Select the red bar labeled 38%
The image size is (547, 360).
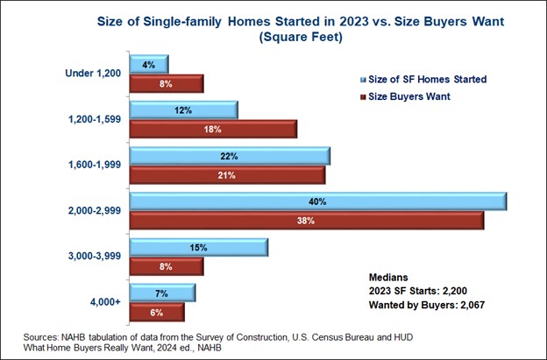click(x=306, y=221)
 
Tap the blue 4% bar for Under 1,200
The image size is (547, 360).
click(x=148, y=64)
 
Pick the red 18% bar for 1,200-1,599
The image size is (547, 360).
click(x=213, y=129)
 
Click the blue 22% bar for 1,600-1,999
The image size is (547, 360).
click(x=230, y=155)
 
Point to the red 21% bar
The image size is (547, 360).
click(x=227, y=174)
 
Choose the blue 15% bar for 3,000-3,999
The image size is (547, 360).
click(x=198, y=248)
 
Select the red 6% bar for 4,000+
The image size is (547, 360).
click(x=157, y=313)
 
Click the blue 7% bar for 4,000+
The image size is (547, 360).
click(x=162, y=293)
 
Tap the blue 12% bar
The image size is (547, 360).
click(x=183, y=109)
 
